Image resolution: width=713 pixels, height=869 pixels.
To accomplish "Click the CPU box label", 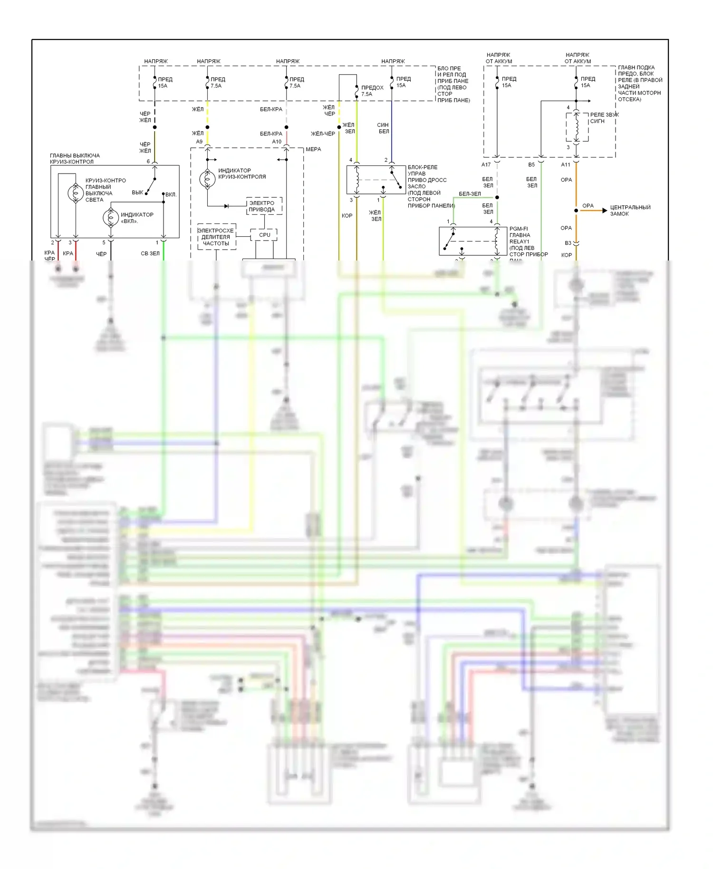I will [x=265, y=235].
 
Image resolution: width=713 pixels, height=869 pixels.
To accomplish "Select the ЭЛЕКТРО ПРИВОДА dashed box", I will [x=264, y=206].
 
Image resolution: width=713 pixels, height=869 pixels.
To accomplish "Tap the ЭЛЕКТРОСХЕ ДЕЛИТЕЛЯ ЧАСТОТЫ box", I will [x=216, y=237].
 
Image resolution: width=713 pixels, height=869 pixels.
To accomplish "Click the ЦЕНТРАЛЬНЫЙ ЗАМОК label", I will [x=630, y=211].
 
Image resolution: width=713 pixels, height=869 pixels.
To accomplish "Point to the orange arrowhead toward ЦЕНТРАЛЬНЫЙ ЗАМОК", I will [x=605, y=211].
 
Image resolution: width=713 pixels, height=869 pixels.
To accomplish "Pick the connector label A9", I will [x=199, y=142].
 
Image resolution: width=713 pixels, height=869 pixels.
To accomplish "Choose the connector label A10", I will [x=277, y=142].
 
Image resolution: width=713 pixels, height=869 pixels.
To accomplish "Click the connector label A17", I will [x=486, y=165].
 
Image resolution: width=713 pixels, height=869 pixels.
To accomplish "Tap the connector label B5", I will [x=531, y=165].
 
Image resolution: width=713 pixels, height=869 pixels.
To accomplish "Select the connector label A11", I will [x=565, y=165].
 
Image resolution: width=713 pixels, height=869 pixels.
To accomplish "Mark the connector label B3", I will [x=568, y=243].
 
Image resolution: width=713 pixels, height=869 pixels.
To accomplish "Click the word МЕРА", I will [x=313, y=149].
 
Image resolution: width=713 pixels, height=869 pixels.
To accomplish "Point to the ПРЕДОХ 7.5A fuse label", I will [x=372, y=91].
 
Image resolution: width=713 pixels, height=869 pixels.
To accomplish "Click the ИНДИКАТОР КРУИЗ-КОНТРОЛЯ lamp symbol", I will [x=207, y=179].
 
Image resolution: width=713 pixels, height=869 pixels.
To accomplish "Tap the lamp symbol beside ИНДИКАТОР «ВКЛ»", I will [x=111, y=218].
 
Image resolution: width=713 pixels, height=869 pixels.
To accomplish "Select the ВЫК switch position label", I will [x=137, y=193].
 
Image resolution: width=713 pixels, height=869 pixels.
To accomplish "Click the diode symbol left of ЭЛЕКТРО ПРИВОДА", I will [x=227, y=206].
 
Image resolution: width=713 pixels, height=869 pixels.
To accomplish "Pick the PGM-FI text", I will [x=518, y=229].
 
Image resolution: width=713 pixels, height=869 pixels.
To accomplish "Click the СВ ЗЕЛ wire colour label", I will [x=150, y=254].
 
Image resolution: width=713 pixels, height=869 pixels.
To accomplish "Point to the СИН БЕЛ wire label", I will [x=383, y=128].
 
